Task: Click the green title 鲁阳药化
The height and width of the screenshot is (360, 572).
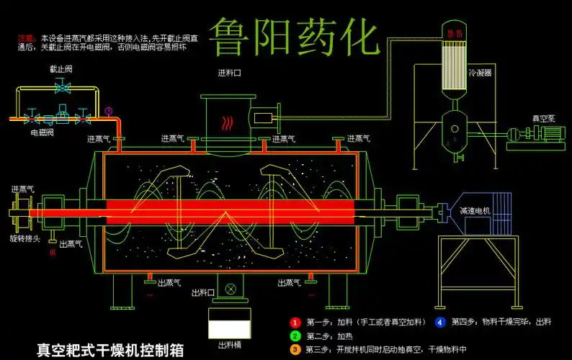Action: (294, 37)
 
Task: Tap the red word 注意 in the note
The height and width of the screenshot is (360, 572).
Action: (26, 37)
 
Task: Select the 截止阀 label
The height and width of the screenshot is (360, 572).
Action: (61, 70)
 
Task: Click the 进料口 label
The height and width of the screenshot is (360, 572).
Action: (229, 73)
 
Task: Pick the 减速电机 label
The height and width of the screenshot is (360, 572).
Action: (475, 211)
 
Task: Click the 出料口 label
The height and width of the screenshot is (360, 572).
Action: (203, 292)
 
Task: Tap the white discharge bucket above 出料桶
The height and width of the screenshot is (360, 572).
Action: (229, 325)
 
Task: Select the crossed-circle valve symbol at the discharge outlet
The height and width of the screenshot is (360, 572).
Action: (231, 289)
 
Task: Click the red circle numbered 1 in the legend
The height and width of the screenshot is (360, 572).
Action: (295, 322)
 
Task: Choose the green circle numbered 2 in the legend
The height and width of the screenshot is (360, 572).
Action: (295, 336)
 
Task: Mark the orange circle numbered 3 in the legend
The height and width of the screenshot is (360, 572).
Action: (295, 350)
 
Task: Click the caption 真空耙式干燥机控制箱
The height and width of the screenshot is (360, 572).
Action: (110, 351)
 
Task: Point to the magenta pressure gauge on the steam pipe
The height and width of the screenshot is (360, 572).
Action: (108, 111)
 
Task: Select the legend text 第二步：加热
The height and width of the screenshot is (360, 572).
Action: (329, 336)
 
